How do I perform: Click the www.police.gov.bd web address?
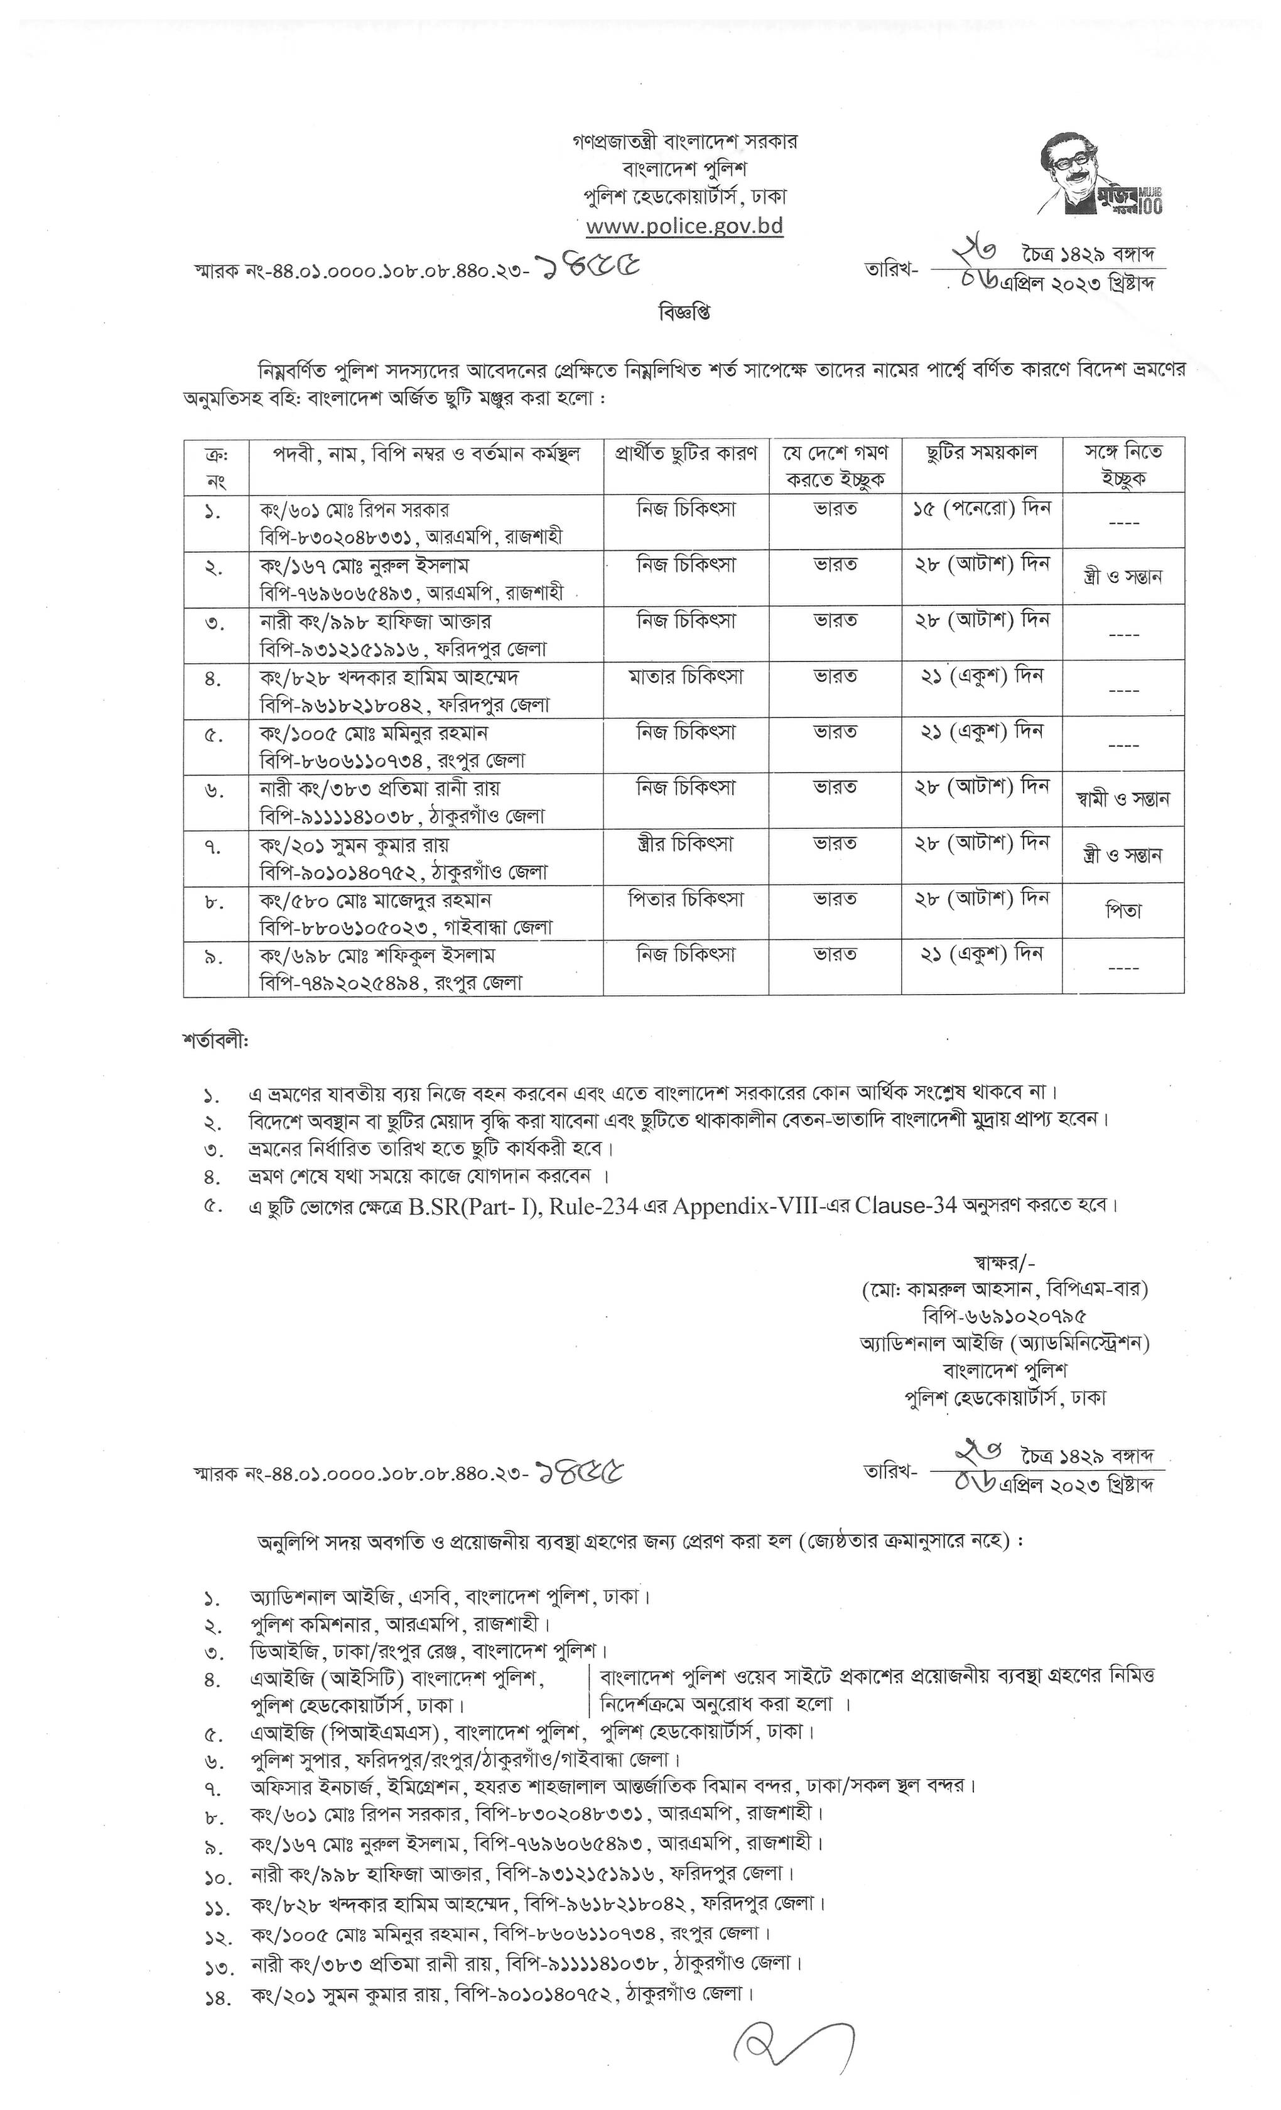(x=684, y=226)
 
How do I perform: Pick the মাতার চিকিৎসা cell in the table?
(x=686, y=676)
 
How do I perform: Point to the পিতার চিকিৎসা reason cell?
(x=686, y=899)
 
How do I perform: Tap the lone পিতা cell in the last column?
(x=1123, y=911)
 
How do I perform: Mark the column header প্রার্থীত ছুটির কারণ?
(x=686, y=453)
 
